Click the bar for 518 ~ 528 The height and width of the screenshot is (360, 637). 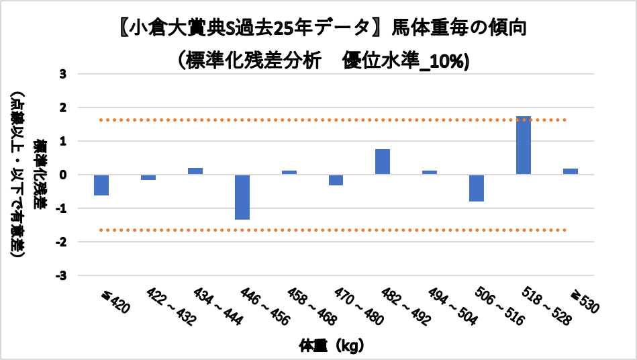point(524,145)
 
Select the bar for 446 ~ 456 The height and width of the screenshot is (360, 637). point(242,197)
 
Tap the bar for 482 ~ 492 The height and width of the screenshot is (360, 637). point(383,162)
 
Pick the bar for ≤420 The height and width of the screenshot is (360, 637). point(101,185)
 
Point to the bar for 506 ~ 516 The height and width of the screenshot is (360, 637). point(477,188)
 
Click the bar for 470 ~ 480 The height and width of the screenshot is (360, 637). point(336,180)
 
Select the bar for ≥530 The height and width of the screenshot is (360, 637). point(571,171)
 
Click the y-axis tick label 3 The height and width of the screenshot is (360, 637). point(63,74)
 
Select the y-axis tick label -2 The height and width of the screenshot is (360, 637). point(61,242)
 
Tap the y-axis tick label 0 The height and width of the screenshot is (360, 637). point(63,175)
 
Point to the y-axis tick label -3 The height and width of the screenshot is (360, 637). point(61,275)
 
